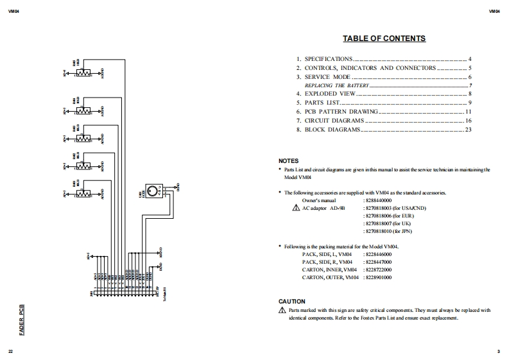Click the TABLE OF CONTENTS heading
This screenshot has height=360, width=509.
[384, 39]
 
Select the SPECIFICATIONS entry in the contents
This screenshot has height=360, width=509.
[328, 59]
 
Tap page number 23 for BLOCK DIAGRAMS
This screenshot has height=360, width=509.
[468, 130]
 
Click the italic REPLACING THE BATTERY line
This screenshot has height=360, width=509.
[336, 85]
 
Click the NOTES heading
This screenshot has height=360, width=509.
[288, 160]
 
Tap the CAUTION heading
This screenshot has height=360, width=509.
[292, 302]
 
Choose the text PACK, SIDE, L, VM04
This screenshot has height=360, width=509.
[327, 254]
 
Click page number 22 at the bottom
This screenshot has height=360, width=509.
[10, 352]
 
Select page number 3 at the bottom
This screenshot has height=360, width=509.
[498, 352]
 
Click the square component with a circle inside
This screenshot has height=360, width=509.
[153, 191]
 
